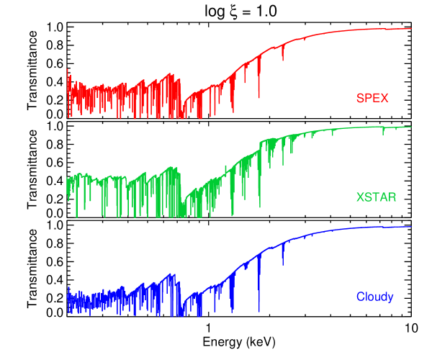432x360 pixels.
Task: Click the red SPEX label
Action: click(372, 98)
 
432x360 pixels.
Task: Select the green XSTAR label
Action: click(376, 197)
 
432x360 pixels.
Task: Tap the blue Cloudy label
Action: click(374, 297)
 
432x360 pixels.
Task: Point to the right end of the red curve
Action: click(410, 29)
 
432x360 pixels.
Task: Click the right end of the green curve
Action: click(410, 127)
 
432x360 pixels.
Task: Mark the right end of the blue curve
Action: click(410, 227)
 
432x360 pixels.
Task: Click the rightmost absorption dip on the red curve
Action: click(283, 58)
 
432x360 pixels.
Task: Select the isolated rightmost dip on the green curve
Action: click(383, 133)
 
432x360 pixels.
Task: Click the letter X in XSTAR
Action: click(360, 197)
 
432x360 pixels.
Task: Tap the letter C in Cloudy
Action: click(360, 297)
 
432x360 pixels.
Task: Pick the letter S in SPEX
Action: click(360, 98)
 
